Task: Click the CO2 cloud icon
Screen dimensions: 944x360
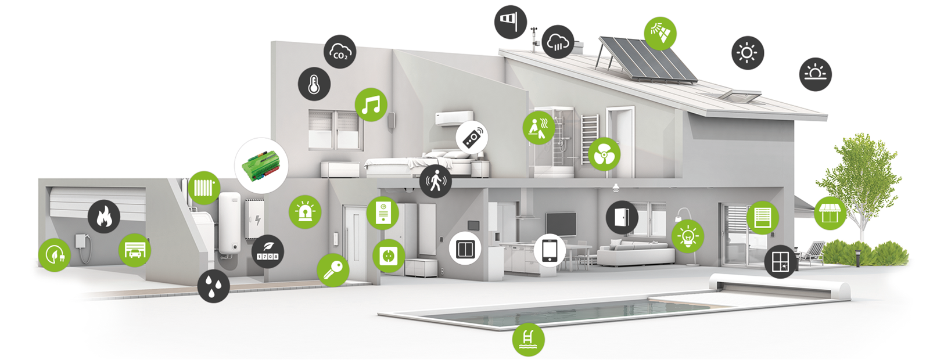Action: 340,52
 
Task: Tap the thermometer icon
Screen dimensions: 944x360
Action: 314,84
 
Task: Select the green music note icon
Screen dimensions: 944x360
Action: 371,105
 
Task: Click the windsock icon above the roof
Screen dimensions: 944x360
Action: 511,22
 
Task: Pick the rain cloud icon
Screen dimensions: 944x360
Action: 558,42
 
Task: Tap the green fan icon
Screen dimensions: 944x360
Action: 604,154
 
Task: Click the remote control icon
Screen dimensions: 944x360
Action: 472,138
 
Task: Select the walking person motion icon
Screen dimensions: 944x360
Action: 435,181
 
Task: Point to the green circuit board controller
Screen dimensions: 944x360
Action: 261,165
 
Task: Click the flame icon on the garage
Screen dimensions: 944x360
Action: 103,216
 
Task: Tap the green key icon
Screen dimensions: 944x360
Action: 333,270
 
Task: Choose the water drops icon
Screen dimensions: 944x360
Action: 214,286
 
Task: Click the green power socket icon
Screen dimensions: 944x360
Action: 389,255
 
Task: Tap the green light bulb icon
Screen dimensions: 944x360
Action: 688,236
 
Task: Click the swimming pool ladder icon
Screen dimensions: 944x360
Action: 528,339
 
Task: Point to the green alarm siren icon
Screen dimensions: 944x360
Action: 305,212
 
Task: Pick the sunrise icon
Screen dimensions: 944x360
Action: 816,74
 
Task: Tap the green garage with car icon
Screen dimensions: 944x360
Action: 134,250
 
